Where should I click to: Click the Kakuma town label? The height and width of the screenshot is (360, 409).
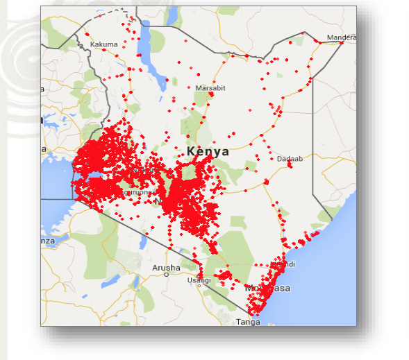click(x=104, y=44)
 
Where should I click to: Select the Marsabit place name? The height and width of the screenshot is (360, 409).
click(x=210, y=88)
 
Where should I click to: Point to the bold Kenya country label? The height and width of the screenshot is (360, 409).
click(x=208, y=151)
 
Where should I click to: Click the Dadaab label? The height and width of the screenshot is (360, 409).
click(x=290, y=159)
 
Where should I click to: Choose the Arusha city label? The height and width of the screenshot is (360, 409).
click(x=166, y=267)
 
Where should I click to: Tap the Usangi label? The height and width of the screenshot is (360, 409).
click(x=199, y=280)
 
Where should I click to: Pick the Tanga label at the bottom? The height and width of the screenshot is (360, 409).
click(x=248, y=322)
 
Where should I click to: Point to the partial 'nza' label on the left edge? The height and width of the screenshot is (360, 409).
click(x=47, y=241)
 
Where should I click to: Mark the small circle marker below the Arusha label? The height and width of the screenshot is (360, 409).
click(x=166, y=275)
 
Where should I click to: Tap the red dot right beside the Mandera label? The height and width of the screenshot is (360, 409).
click(x=342, y=43)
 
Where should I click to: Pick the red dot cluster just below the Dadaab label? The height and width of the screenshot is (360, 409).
click(x=290, y=165)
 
